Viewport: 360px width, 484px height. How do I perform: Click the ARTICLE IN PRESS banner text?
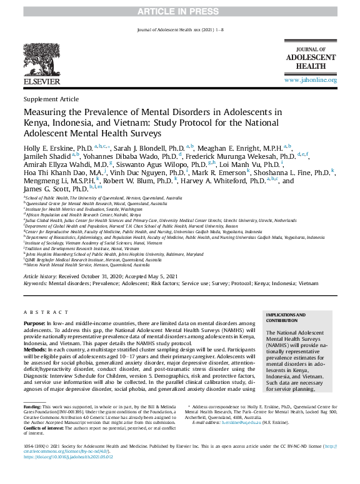coord(179,12)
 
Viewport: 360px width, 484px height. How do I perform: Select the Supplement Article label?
coord(51,99)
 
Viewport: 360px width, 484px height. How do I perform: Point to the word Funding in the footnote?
coord(31,406)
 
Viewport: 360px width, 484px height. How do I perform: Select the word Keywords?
coord(35,283)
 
